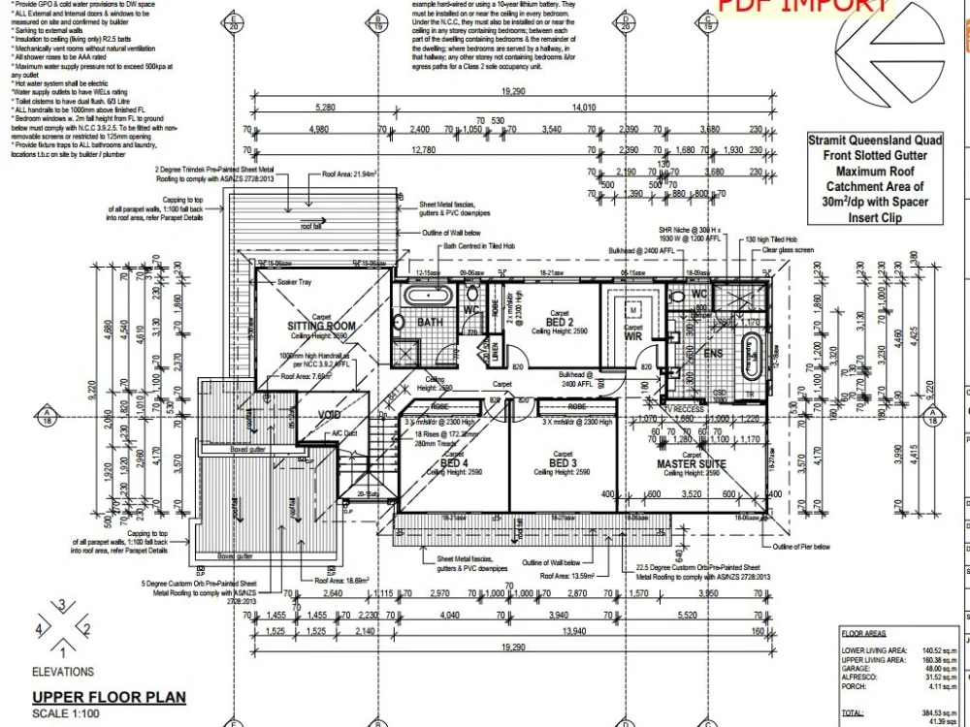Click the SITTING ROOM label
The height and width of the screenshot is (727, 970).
[321, 327]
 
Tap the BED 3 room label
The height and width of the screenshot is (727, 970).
[563, 463]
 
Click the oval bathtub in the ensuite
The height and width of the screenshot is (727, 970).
[752, 359]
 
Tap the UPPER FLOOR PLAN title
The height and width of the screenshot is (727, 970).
[109, 697]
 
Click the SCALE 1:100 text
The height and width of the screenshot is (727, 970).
[65, 714]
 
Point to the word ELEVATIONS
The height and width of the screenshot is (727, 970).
[63, 672]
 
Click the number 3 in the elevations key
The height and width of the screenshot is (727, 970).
[63, 606]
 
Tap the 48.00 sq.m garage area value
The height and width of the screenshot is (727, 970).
[941, 669]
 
